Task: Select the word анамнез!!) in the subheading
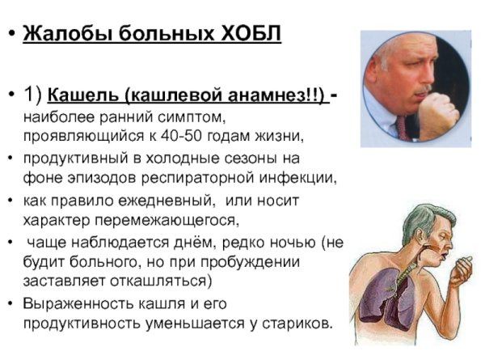pyautogui.click(x=274, y=95)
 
